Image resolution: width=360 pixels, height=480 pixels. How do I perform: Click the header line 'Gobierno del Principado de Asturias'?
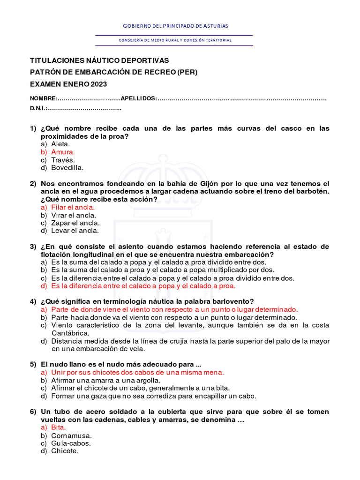click(175, 26)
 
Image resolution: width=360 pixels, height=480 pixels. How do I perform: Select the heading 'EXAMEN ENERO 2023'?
click(68, 84)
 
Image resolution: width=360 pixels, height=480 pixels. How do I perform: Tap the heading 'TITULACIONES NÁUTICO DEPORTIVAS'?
click(99, 60)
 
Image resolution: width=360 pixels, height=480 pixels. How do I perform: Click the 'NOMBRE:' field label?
click(44, 98)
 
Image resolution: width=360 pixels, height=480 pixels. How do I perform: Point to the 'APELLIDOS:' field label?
click(139, 98)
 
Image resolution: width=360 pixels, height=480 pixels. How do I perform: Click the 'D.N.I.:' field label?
click(38, 109)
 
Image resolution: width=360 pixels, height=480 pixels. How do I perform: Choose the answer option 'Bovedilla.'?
click(67, 167)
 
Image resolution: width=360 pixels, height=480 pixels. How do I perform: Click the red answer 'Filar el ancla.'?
click(73, 207)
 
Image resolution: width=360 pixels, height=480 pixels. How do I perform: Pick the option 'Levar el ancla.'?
click(75, 231)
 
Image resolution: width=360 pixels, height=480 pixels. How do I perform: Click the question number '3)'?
click(33, 247)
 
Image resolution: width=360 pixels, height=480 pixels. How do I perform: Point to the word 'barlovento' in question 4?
click(230, 301)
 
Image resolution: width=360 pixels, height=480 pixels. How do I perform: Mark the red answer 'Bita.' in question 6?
click(59, 427)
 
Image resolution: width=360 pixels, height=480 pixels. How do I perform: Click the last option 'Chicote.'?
click(65, 451)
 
